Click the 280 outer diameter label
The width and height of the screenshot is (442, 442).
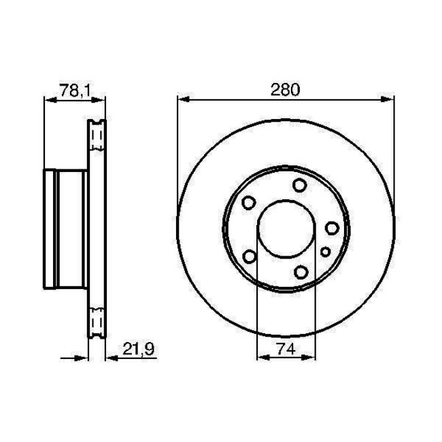286,90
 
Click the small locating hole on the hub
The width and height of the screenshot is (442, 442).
325,252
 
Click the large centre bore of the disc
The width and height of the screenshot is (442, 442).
286,229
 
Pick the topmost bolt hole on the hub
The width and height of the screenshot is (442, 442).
299,185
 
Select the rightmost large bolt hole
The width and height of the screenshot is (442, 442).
332,228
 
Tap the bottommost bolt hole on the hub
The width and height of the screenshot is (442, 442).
300,273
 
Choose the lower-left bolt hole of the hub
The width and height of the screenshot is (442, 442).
249,256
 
